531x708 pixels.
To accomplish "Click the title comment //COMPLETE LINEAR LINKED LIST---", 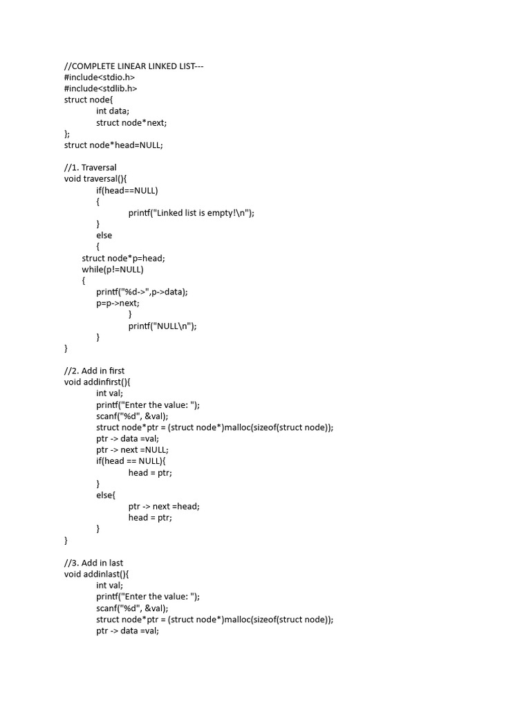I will click(133, 66).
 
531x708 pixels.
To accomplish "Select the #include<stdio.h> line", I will click(100, 77).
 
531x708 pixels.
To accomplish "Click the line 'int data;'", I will click(113, 111).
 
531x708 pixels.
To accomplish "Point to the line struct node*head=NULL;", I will click(113, 145).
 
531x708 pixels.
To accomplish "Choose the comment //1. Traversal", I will click(91, 167).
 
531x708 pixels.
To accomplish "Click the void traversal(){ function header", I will click(100, 178).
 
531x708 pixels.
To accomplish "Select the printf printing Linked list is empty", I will click(192, 213).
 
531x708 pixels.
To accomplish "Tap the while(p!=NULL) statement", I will click(113, 269).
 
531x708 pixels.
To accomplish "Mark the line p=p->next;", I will click(118, 303).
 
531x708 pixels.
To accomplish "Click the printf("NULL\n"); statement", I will click(162, 326).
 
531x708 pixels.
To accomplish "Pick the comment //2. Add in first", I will click(94, 371).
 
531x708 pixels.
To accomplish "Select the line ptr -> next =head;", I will click(164, 506).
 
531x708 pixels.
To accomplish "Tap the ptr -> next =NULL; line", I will click(132, 449).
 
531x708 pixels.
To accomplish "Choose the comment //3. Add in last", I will click(93, 563).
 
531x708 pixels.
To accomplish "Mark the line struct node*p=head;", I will click(124, 258).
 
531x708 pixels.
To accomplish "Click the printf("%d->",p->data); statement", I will click(142, 292).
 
